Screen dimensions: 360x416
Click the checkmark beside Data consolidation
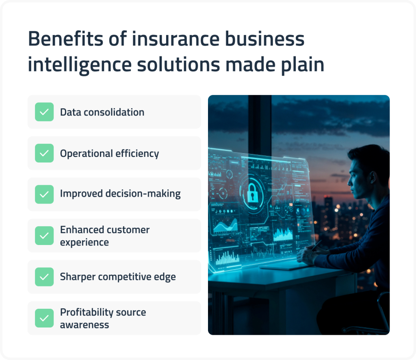pos(44,112)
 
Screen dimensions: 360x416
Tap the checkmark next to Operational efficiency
pos(44,153)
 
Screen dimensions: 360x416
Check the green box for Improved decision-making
pos(44,194)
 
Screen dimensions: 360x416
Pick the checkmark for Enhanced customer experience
pos(44,236)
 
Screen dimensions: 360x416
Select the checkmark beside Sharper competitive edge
pos(44,277)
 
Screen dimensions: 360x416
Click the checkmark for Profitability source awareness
pos(44,318)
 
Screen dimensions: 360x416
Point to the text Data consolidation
pos(102,112)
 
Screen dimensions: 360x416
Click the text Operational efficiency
pos(109,154)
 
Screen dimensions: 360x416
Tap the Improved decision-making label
pos(120,194)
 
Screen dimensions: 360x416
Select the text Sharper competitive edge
pos(118,277)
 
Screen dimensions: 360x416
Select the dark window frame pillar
pos(260,134)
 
